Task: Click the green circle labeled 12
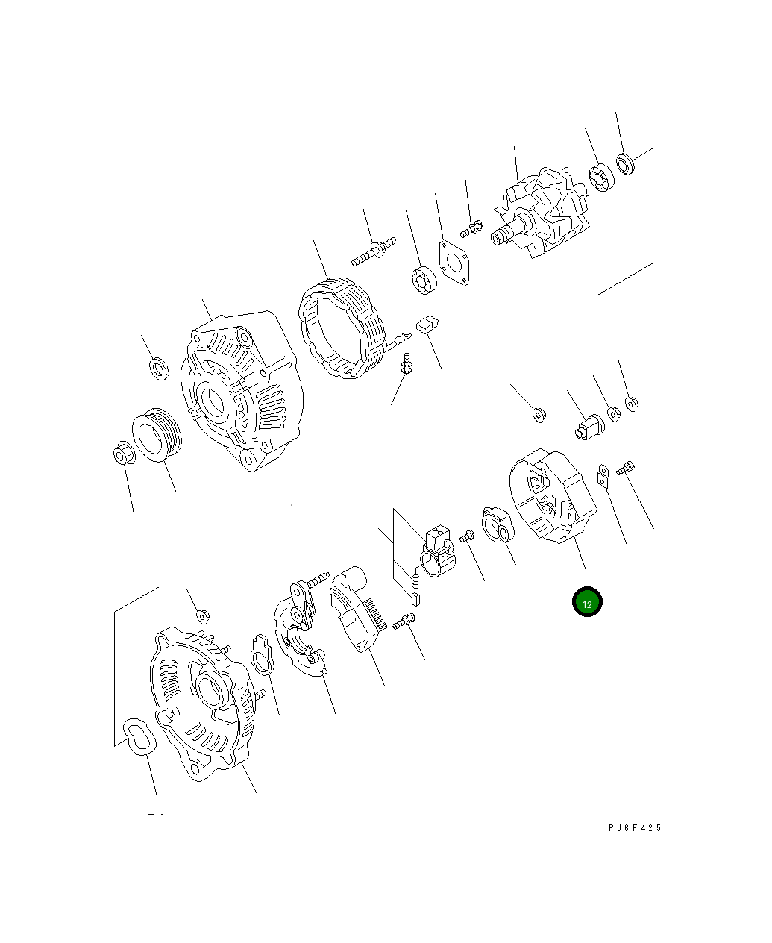click(x=586, y=603)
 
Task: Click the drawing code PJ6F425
click(x=634, y=827)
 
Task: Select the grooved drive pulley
click(x=157, y=436)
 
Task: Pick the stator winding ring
click(x=342, y=328)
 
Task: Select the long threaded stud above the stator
click(x=373, y=251)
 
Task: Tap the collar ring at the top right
click(x=625, y=163)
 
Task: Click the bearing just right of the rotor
click(x=600, y=177)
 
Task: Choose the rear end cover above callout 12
click(x=551, y=495)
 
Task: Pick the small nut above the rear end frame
click(x=201, y=615)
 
